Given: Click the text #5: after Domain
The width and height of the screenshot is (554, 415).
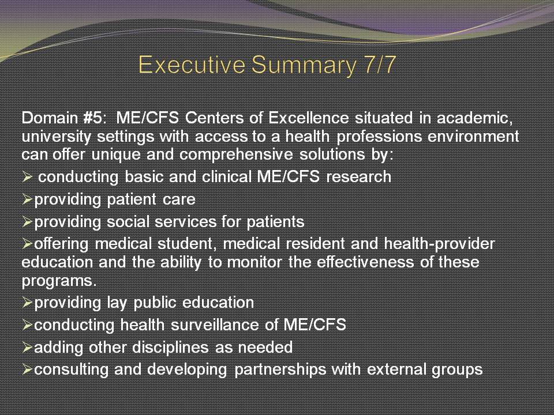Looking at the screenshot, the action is click(94, 118).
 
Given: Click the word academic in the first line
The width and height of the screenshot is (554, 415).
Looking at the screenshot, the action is click(475, 118).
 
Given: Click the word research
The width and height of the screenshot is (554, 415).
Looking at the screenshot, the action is click(358, 176).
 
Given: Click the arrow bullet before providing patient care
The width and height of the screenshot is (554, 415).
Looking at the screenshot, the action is click(27, 199).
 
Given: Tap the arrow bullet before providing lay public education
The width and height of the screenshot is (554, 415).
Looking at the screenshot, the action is click(27, 303).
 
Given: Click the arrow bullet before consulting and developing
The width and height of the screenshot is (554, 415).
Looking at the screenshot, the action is click(27, 369).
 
